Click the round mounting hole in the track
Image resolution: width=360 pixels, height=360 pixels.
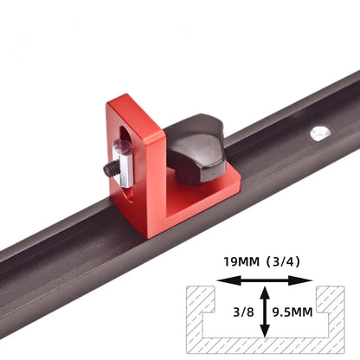(321, 132)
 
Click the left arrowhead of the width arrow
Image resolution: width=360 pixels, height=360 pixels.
(222, 280)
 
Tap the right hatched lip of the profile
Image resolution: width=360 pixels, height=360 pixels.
(334, 299)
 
